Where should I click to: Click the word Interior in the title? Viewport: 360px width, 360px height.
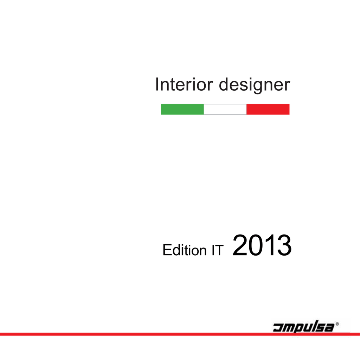[x=184, y=84]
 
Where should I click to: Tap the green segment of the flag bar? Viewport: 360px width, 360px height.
[x=182, y=109]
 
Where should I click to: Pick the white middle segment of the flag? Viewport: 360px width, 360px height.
[x=225, y=109]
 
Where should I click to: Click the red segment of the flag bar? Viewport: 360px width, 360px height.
[x=268, y=109]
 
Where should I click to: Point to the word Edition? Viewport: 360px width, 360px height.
[x=185, y=250]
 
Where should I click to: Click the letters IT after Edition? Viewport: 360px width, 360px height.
[x=218, y=250]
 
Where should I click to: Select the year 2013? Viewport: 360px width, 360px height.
[x=262, y=245]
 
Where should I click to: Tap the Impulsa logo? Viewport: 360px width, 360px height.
[x=306, y=326]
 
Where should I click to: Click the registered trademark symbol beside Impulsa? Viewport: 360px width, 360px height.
[x=337, y=324]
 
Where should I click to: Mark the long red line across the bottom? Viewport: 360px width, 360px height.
[x=180, y=334]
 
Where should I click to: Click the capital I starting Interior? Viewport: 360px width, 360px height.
[x=157, y=84]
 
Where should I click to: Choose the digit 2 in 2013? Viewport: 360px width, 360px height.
[x=240, y=245]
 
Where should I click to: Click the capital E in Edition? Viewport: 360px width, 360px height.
[x=167, y=250]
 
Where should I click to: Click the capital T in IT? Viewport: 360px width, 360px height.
[x=219, y=250]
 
